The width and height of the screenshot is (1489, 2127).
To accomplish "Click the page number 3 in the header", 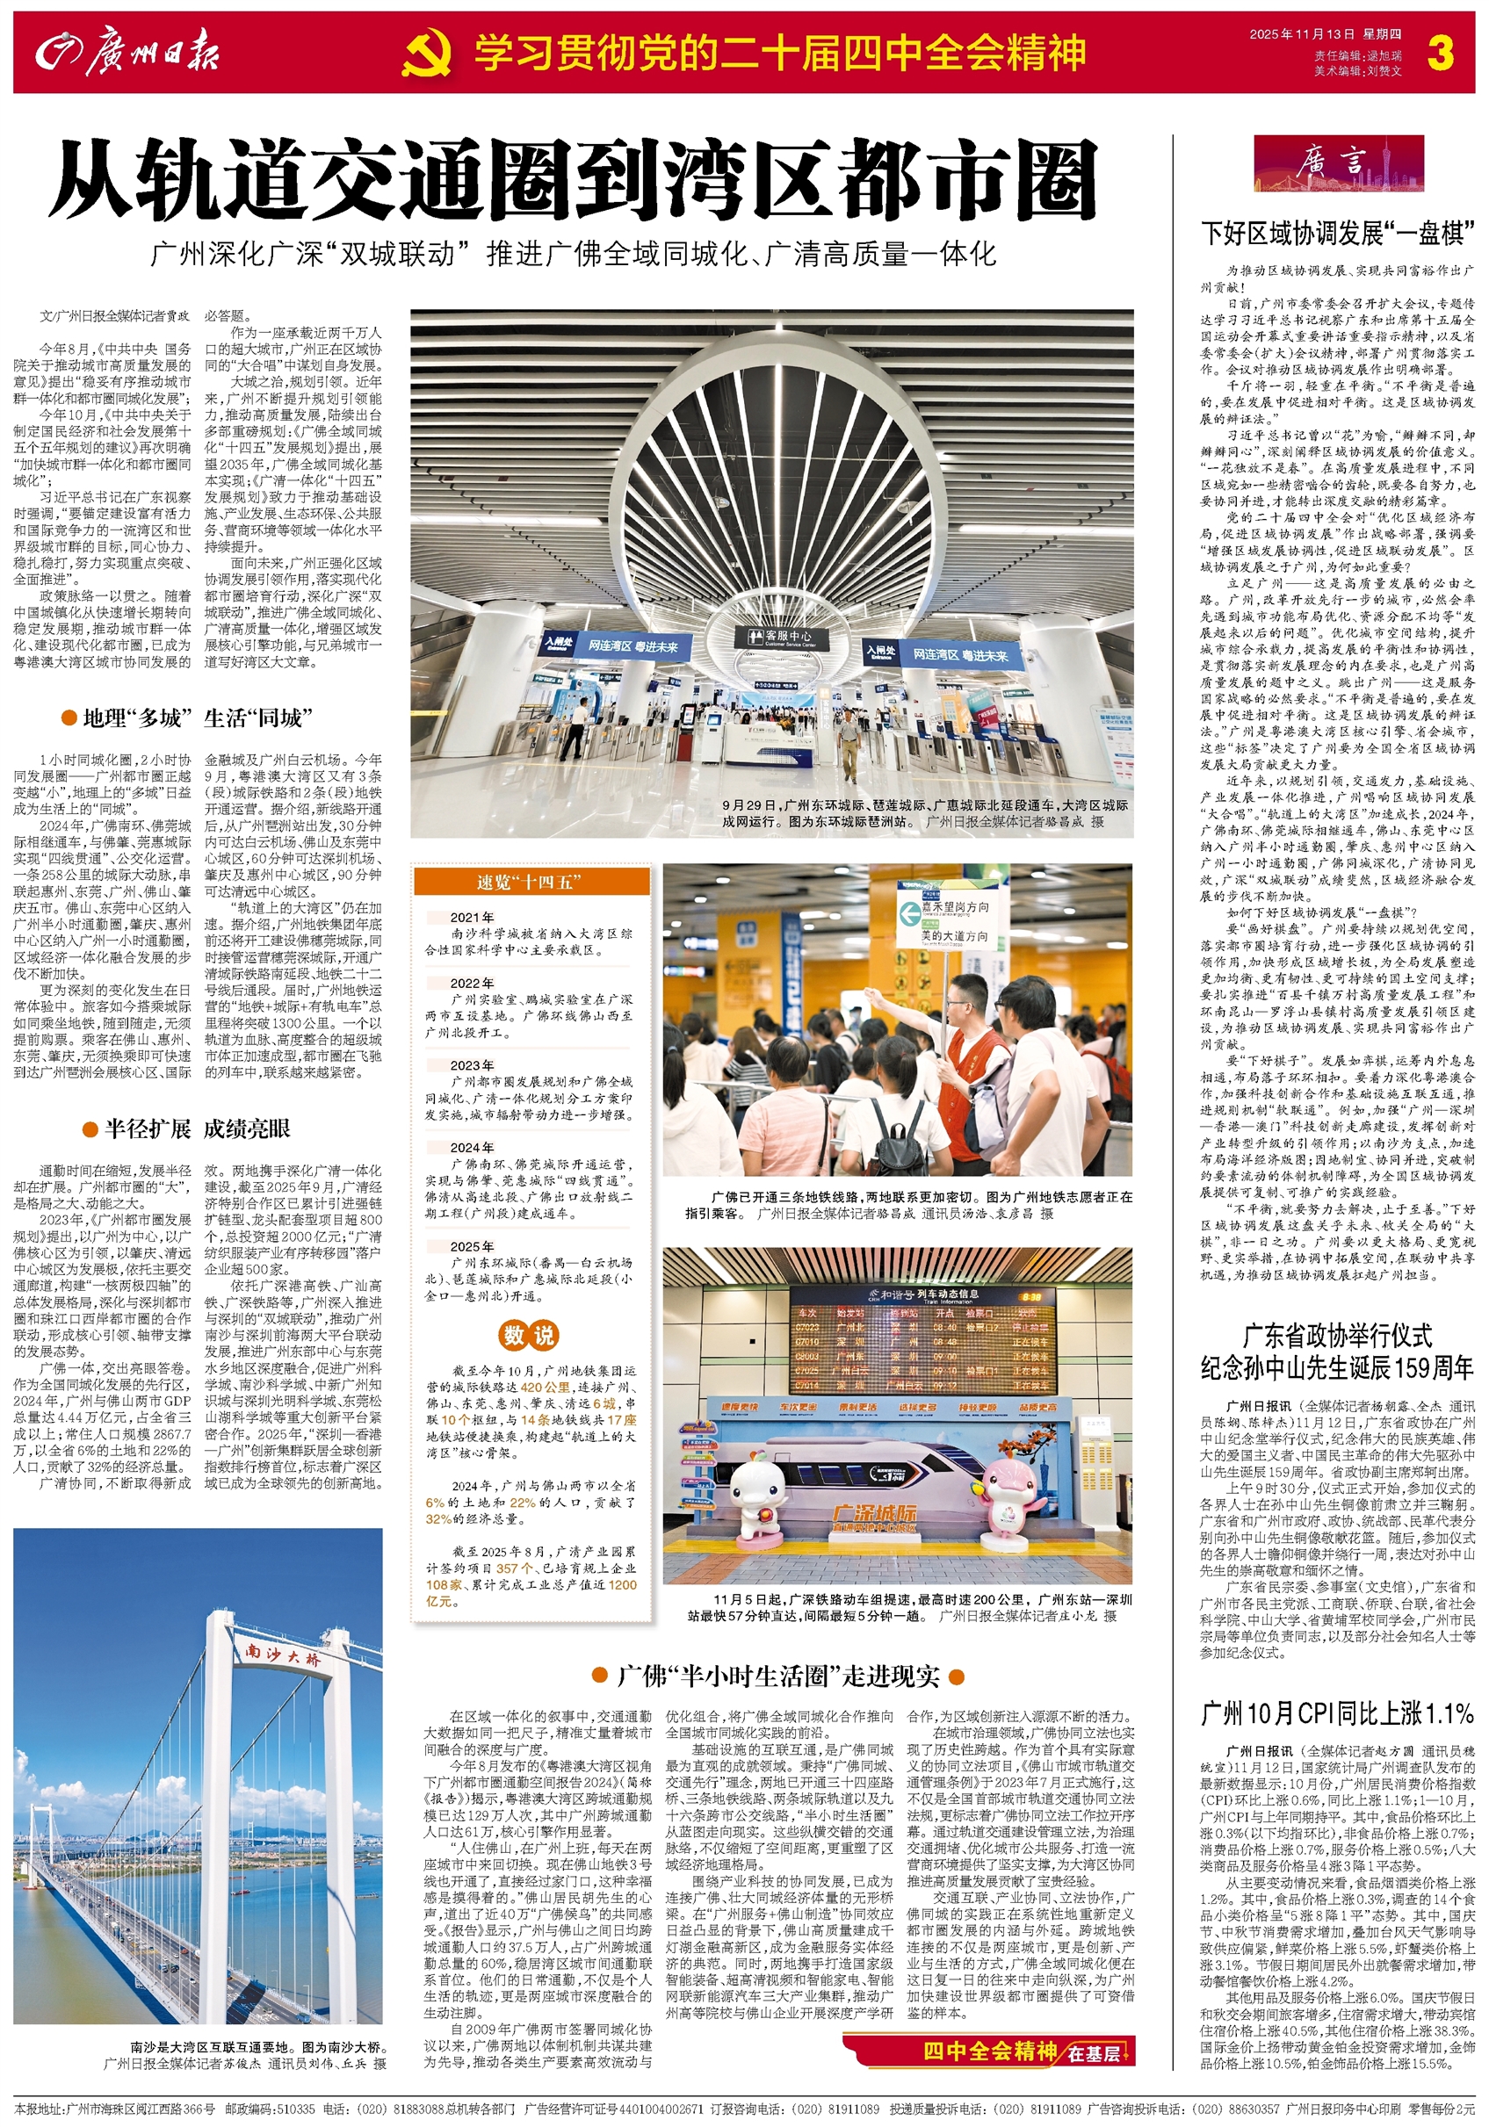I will coord(1440,53).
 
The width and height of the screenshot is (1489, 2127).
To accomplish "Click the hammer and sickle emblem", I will coord(428,54).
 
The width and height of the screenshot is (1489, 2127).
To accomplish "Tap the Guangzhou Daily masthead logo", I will coord(128,53).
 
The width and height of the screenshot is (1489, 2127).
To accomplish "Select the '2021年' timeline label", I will coord(472,917).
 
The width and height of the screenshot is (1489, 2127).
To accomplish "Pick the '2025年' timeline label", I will coord(472,1246).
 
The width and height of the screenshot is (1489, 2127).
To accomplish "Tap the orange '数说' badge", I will coord(528,1335).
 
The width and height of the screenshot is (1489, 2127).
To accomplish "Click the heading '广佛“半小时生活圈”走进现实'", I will coord(778,1675).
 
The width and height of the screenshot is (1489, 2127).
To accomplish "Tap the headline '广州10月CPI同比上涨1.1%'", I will coord(1336,1712).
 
